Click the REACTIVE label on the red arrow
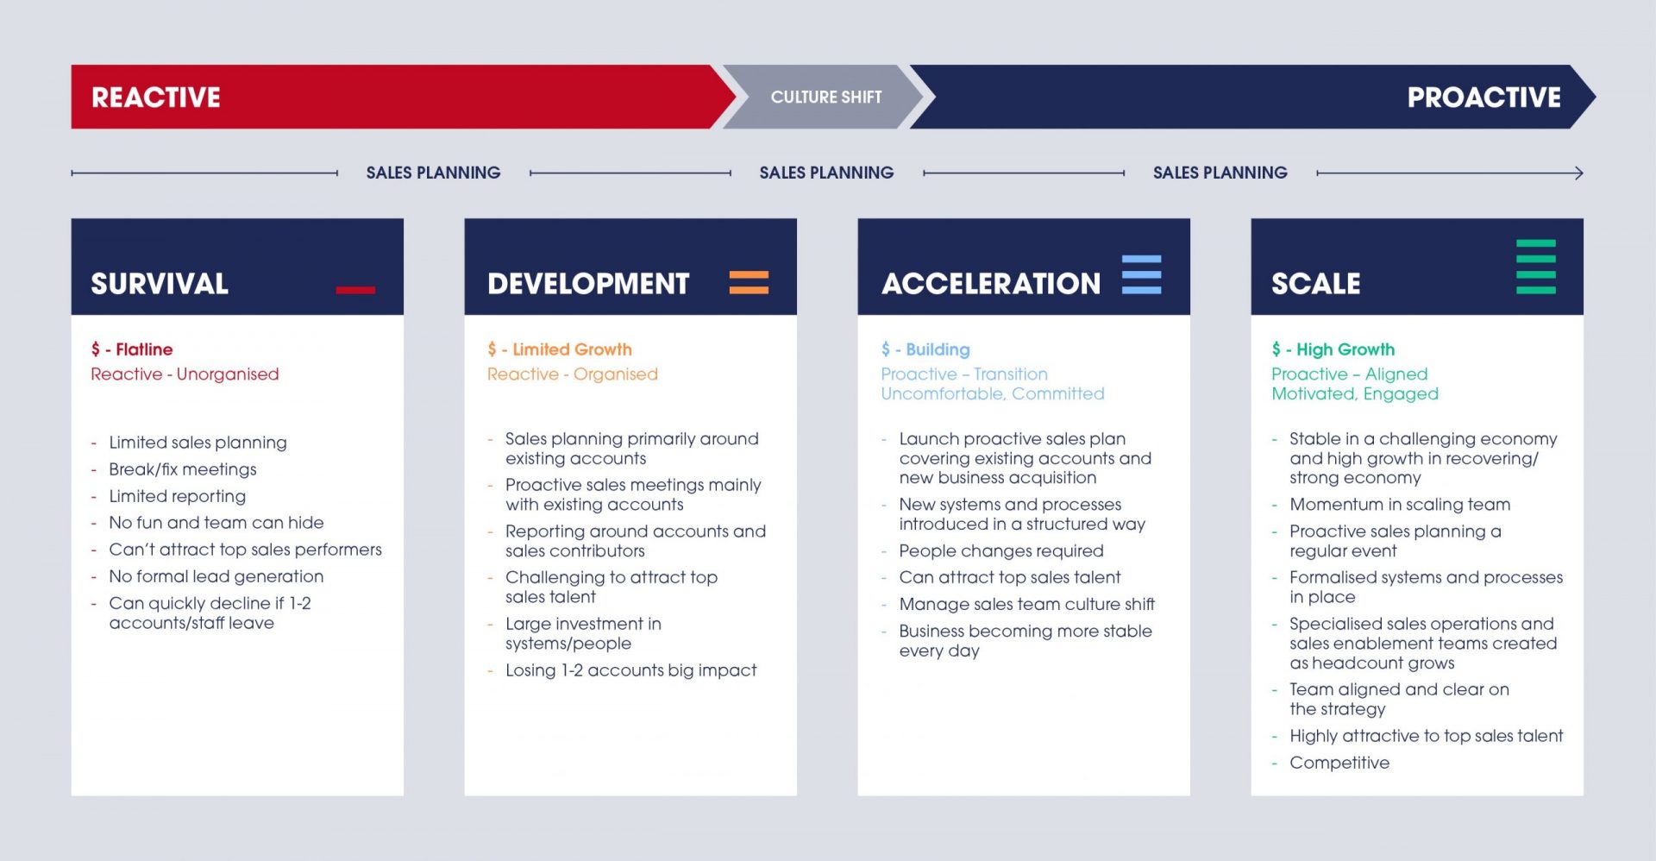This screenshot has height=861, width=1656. click(156, 97)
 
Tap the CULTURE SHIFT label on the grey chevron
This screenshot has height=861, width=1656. click(826, 97)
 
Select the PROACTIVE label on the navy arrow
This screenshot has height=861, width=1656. click(1483, 97)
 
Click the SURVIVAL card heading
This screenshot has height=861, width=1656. click(160, 284)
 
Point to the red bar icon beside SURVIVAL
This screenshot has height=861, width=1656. click(355, 290)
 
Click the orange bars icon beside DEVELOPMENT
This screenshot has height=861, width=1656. click(749, 282)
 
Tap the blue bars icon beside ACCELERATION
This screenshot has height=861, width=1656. click(1141, 274)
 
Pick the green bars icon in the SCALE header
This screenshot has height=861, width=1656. click(1536, 267)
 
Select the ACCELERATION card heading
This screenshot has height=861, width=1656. click(991, 284)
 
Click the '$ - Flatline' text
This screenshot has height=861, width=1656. click(132, 349)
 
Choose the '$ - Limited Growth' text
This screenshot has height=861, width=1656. click(560, 349)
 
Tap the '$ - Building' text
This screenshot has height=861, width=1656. click(925, 349)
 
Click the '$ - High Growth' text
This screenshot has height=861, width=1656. click(1333, 349)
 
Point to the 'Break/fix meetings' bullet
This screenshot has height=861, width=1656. click(183, 469)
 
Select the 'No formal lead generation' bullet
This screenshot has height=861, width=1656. click(216, 576)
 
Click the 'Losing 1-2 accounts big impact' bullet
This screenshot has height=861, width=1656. click(631, 670)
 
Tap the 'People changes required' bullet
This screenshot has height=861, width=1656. click(1001, 550)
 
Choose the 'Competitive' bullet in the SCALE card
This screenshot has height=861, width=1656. click(1339, 763)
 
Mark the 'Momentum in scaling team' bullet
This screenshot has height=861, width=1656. click(1400, 505)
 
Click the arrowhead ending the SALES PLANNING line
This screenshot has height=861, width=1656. click(1579, 173)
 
